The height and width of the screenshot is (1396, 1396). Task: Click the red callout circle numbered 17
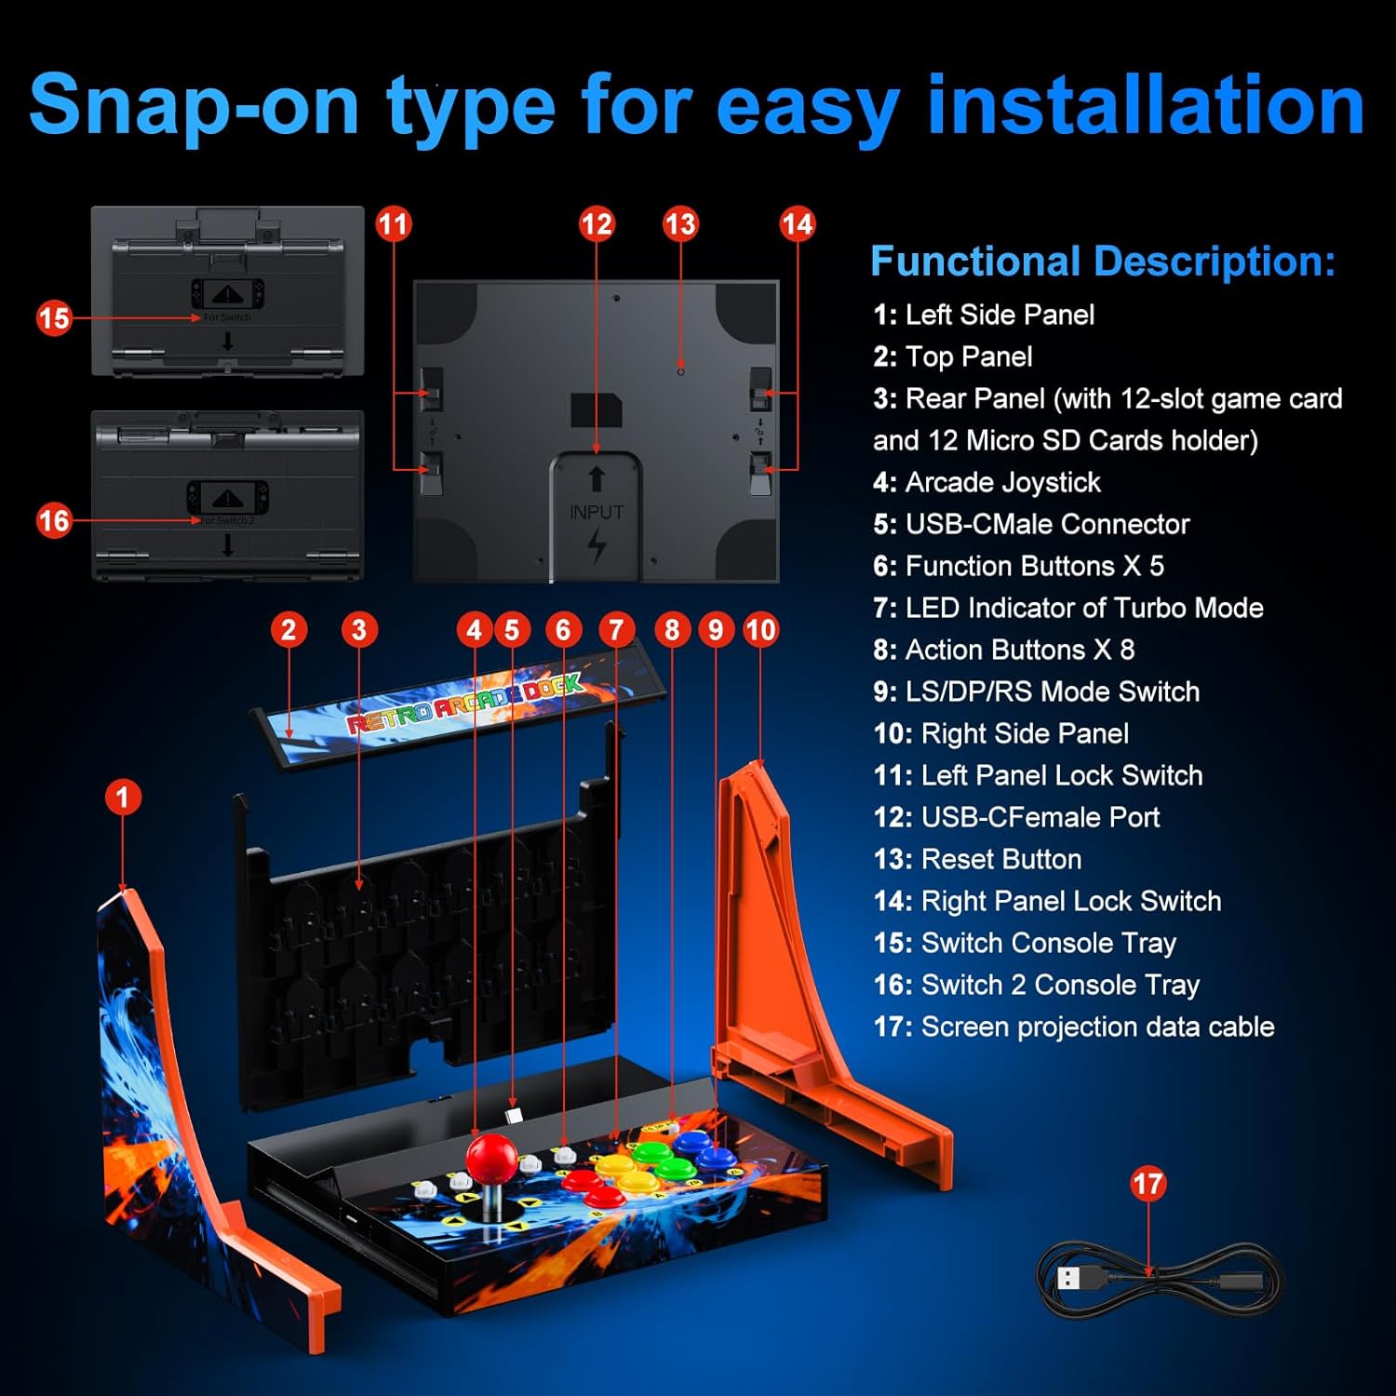[x=1148, y=1184]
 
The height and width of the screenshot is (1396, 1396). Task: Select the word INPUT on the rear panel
[x=597, y=512]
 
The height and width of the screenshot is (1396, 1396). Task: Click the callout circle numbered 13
[x=680, y=224]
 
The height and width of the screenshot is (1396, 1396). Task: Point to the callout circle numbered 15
[x=54, y=318]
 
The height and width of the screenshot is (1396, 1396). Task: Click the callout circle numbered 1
[x=122, y=798]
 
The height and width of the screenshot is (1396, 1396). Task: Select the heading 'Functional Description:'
[x=1103, y=262]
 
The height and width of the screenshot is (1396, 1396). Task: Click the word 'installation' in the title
[x=1145, y=104]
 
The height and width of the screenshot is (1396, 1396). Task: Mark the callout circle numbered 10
[x=760, y=630]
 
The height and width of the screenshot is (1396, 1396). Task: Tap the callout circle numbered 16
[x=54, y=520]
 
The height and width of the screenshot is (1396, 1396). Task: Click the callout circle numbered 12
[x=597, y=224]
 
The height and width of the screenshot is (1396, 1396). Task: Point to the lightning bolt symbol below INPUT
[x=597, y=546]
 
